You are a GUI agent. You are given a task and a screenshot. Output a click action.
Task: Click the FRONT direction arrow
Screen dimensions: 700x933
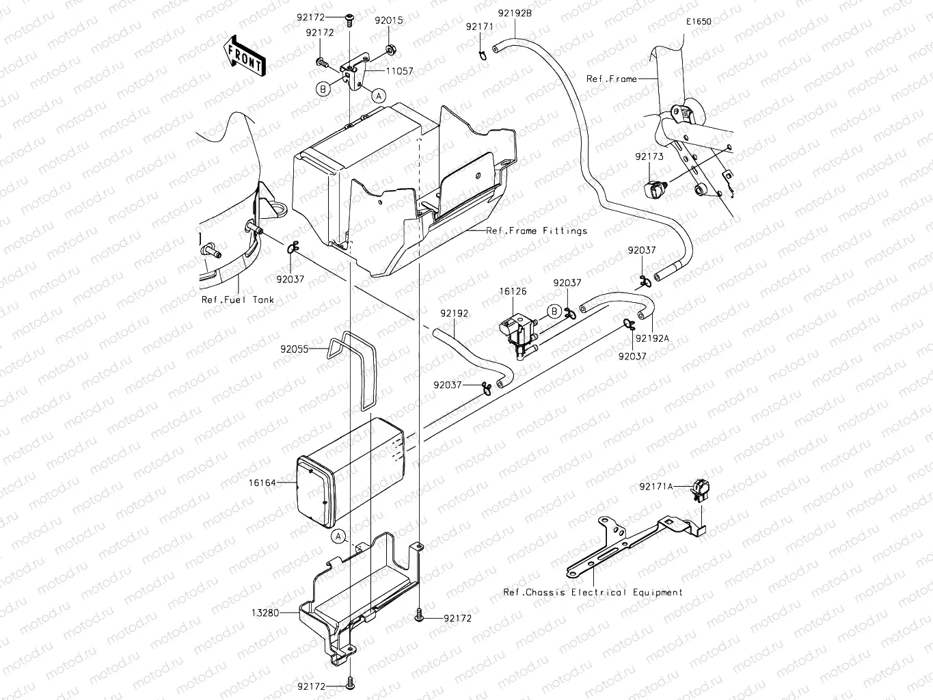pyautogui.click(x=244, y=55)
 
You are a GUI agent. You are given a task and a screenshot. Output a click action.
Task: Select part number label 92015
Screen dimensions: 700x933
pyautogui.click(x=388, y=21)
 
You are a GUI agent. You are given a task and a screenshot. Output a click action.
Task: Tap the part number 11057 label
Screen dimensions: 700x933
pyautogui.click(x=399, y=71)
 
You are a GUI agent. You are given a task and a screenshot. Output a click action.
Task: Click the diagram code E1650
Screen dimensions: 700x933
pyautogui.click(x=699, y=21)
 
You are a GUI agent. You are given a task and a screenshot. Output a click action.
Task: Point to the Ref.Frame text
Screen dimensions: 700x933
pyautogui.click(x=611, y=79)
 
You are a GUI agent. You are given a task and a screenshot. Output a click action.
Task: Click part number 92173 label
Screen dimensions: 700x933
pyautogui.click(x=649, y=157)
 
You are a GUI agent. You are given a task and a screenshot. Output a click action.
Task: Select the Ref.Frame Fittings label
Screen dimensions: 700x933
pyautogui.click(x=536, y=231)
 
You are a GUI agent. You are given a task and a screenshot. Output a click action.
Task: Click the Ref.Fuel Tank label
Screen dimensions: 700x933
pyautogui.click(x=237, y=299)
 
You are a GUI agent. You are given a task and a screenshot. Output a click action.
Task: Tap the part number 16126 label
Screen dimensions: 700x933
pyautogui.click(x=513, y=291)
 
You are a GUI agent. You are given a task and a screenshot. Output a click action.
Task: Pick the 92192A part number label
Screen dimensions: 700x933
pyautogui.click(x=652, y=338)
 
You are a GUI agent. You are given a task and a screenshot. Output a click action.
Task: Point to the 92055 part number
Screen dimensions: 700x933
pyautogui.click(x=294, y=349)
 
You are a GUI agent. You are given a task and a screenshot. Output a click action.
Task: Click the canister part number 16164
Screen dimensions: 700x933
pyautogui.click(x=262, y=483)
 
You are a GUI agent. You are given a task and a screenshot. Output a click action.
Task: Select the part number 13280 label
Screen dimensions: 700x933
pyautogui.click(x=265, y=613)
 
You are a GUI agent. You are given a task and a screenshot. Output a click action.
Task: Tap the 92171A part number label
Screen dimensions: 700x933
pyautogui.click(x=656, y=486)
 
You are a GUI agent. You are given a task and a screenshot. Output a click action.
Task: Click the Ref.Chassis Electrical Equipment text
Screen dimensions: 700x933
pyautogui.click(x=593, y=593)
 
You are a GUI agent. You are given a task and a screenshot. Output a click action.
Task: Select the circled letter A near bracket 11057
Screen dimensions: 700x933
pyautogui.click(x=378, y=95)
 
